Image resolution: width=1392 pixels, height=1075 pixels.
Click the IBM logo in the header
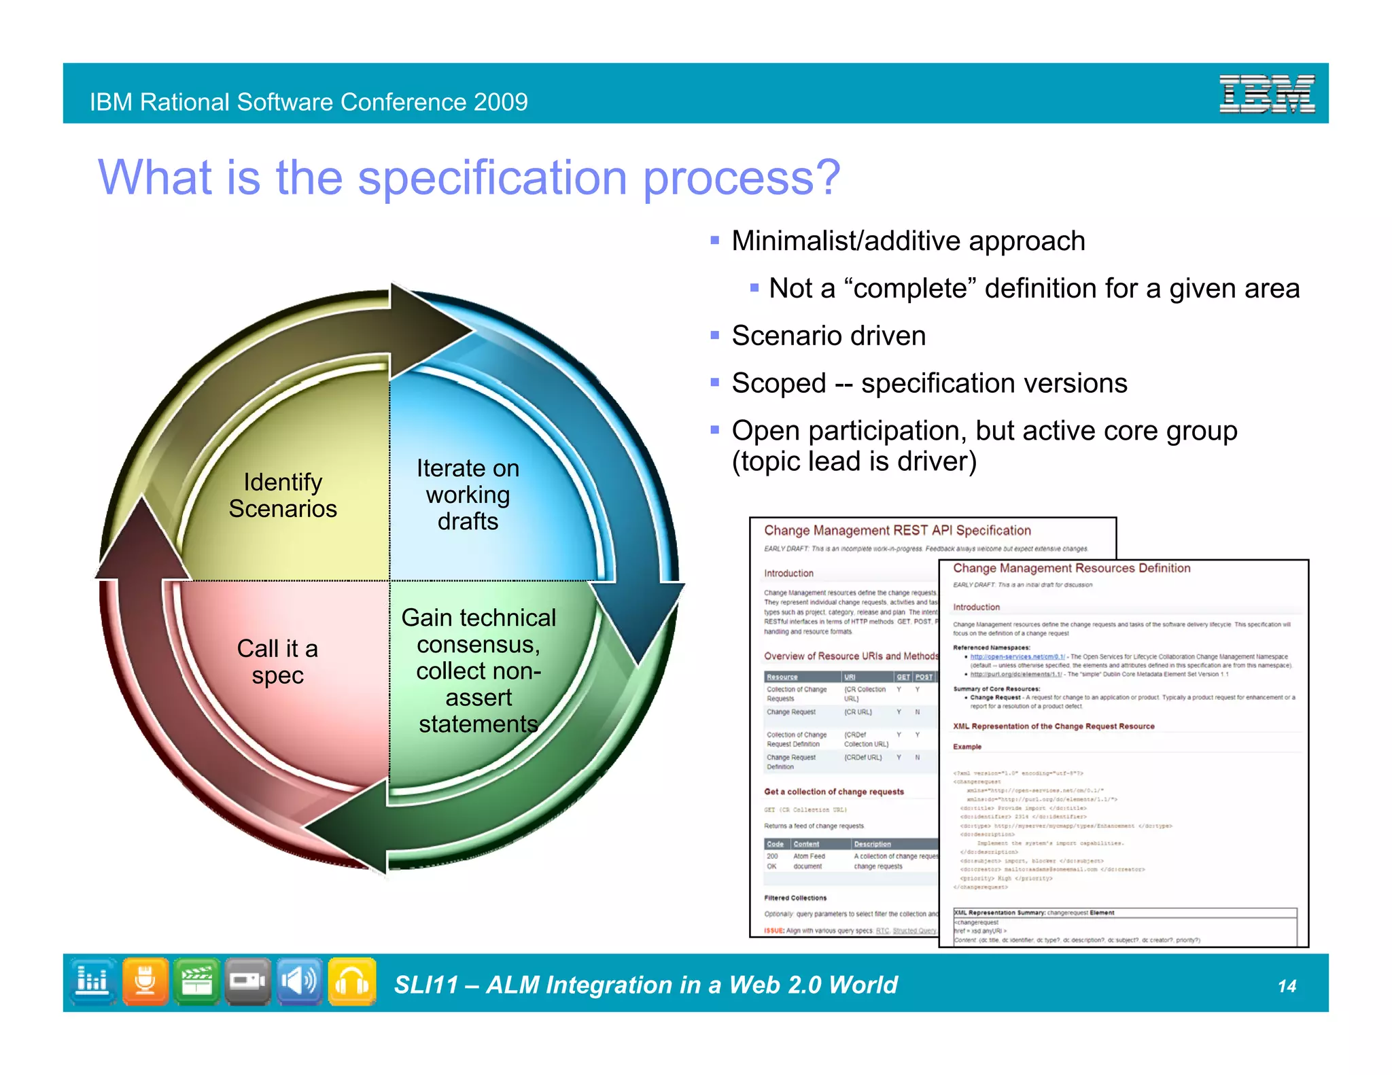[1266, 94]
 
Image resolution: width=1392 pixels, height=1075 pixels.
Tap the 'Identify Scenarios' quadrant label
[283, 495]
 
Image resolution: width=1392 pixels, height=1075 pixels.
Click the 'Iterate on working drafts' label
[468, 495]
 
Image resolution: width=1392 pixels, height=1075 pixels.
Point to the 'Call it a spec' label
[277, 661]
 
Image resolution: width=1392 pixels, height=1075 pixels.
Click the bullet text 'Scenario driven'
[828, 336]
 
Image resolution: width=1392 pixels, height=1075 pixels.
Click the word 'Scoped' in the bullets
[778, 383]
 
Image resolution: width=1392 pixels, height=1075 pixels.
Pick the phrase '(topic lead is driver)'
[854, 461]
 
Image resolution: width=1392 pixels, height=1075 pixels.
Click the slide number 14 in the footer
[1287, 986]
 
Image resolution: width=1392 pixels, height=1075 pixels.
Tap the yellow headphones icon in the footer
[352, 981]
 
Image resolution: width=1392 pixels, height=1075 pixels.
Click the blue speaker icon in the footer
[300, 981]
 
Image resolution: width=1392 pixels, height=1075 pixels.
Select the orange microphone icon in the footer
[145, 981]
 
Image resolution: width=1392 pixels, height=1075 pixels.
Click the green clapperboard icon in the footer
[197, 981]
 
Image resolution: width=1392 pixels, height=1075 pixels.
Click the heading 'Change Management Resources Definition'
[1071, 568]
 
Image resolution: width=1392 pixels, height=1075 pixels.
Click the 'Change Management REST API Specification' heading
[897, 531]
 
